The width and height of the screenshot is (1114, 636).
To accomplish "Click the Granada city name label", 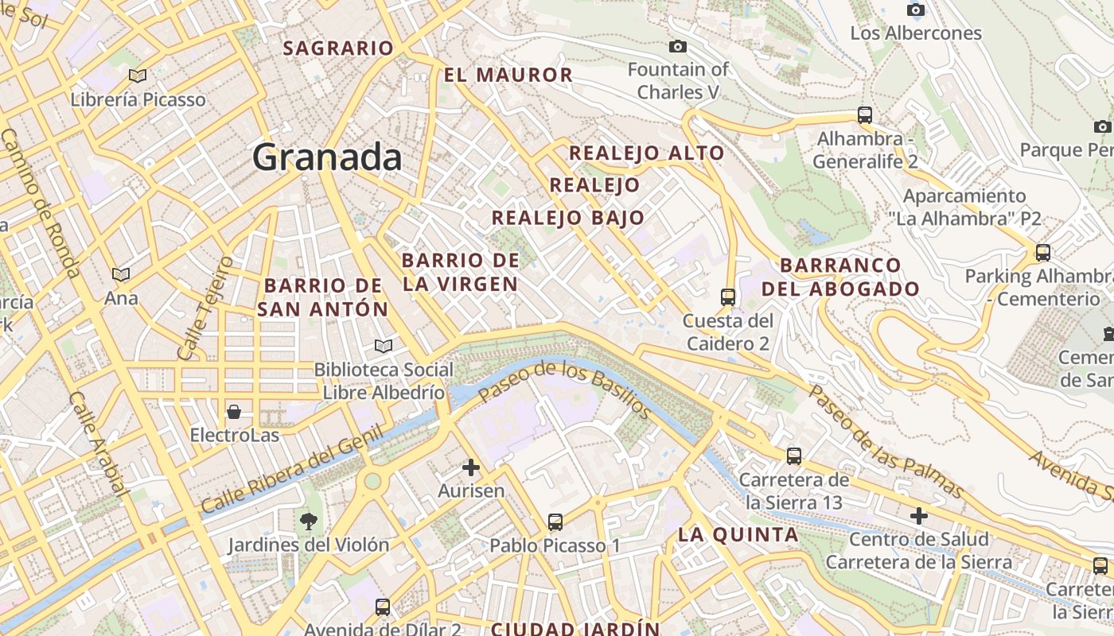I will point(327,157).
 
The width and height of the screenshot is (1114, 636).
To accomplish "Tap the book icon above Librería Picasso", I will point(138,76).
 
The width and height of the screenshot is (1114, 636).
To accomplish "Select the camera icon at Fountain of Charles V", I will point(678,46).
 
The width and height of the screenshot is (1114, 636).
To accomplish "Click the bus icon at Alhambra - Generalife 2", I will point(865,114).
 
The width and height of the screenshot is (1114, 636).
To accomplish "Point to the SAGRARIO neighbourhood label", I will point(338,48).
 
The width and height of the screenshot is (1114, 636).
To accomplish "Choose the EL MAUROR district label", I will point(508,76).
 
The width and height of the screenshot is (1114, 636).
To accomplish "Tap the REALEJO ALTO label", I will point(647,153).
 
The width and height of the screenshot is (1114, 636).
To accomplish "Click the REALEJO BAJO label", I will point(567,218).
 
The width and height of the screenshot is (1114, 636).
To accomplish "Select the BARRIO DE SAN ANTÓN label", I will point(323,297).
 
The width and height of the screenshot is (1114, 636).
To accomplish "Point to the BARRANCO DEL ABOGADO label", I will point(840,277).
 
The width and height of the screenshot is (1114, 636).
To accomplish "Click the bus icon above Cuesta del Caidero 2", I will point(727,297).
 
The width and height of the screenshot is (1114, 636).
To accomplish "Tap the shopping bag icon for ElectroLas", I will point(234,412).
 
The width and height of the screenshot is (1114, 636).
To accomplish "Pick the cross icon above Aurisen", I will point(471,467).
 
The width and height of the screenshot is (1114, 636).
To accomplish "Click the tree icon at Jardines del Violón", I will point(308,522).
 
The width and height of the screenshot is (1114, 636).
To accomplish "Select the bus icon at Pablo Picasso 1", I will point(555,522).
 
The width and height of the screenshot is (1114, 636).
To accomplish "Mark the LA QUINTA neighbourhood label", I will point(738,535).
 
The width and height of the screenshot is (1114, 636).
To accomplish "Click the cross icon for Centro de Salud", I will point(919,516).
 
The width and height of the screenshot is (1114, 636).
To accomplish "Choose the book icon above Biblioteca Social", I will point(384,346).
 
